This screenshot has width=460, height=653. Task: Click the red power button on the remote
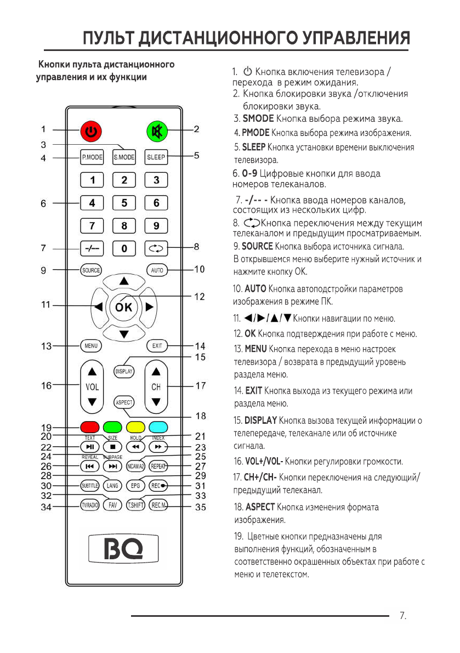(92, 132)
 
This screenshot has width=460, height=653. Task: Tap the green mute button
(156, 132)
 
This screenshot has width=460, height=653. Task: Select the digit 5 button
(124, 203)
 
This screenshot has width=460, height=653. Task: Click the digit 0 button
(124, 248)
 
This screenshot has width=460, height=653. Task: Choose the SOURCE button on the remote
(91, 270)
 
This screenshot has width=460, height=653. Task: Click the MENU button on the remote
(91, 346)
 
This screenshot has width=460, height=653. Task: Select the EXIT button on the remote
(157, 346)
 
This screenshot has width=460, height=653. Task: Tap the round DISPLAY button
(124, 371)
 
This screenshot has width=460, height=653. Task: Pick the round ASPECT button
(124, 402)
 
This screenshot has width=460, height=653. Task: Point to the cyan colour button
(157, 427)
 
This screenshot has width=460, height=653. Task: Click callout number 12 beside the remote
(200, 297)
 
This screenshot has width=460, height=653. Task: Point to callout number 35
(201, 507)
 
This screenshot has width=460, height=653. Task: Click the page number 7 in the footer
(403, 616)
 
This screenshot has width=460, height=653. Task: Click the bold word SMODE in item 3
(258, 118)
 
